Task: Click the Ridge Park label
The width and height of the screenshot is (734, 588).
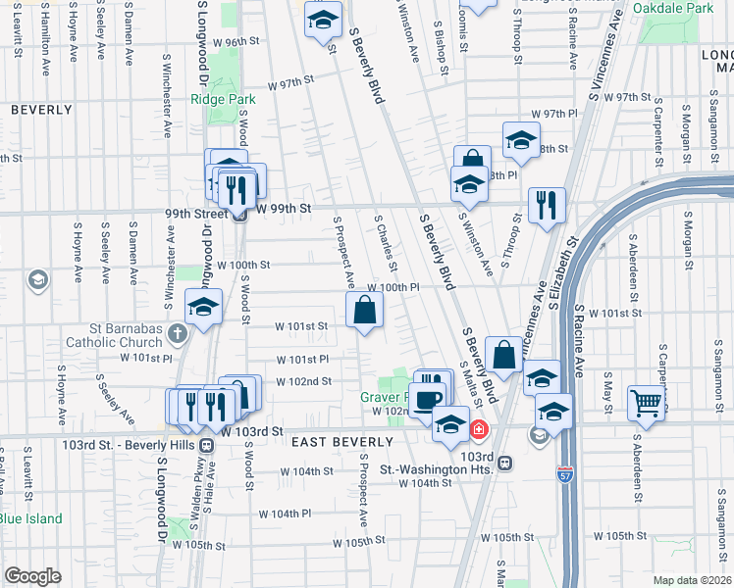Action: (x=222, y=99)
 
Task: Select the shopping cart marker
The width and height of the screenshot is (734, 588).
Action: (x=647, y=402)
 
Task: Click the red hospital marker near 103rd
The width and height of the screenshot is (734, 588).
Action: (x=479, y=429)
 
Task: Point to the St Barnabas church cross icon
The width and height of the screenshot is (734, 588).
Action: (x=177, y=334)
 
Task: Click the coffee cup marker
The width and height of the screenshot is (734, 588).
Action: (x=428, y=398)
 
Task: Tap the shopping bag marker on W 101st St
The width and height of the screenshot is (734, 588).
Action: (x=364, y=312)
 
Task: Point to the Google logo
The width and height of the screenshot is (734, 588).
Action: (x=32, y=575)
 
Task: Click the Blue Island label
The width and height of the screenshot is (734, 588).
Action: (x=30, y=519)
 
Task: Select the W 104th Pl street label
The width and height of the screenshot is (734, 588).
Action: (x=286, y=514)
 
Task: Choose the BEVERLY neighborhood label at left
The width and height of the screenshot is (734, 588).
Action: (x=42, y=111)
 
